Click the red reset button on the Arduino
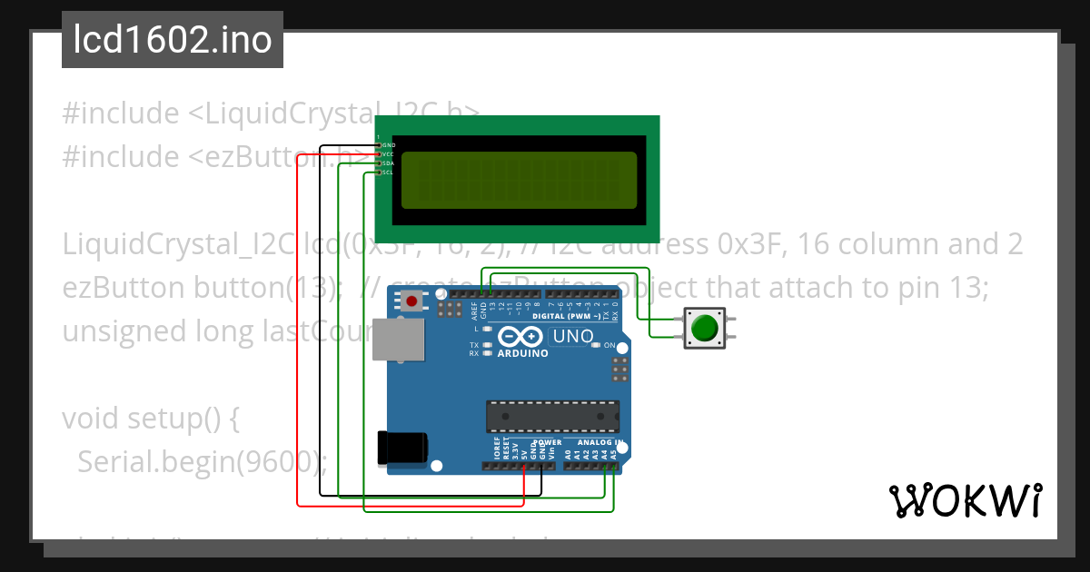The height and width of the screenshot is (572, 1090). (x=413, y=301)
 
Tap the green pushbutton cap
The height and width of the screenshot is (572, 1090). (x=705, y=328)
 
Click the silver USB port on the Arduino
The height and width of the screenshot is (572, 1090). (x=399, y=339)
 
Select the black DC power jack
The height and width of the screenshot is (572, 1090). (x=402, y=448)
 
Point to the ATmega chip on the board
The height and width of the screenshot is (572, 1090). (x=552, y=416)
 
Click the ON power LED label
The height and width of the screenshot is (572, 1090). (x=609, y=346)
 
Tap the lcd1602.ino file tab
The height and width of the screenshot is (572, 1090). (x=173, y=40)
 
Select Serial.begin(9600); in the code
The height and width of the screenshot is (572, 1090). (x=201, y=462)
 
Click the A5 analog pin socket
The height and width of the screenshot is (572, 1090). (x=614, y=467)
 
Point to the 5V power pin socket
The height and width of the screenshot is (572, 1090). (x=524, y=467)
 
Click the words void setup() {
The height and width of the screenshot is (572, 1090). (x=150, y=419)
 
